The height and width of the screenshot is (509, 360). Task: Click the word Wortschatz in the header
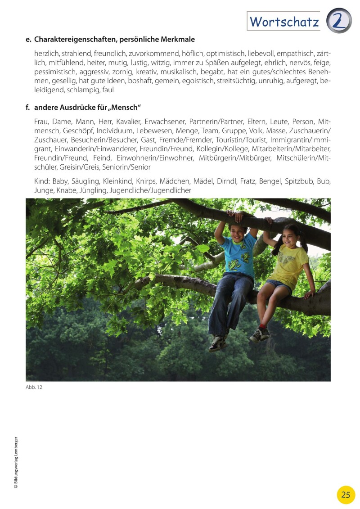[x=284, y=21]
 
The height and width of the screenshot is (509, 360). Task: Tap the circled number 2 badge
[x=338, y=21]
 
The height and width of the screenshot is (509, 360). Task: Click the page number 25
[x=346, y=495]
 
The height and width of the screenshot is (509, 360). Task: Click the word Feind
[x=102, y=158]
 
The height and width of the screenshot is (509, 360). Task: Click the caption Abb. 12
[x=34, y=387]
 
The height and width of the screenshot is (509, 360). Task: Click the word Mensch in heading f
[x=126, y=108]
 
